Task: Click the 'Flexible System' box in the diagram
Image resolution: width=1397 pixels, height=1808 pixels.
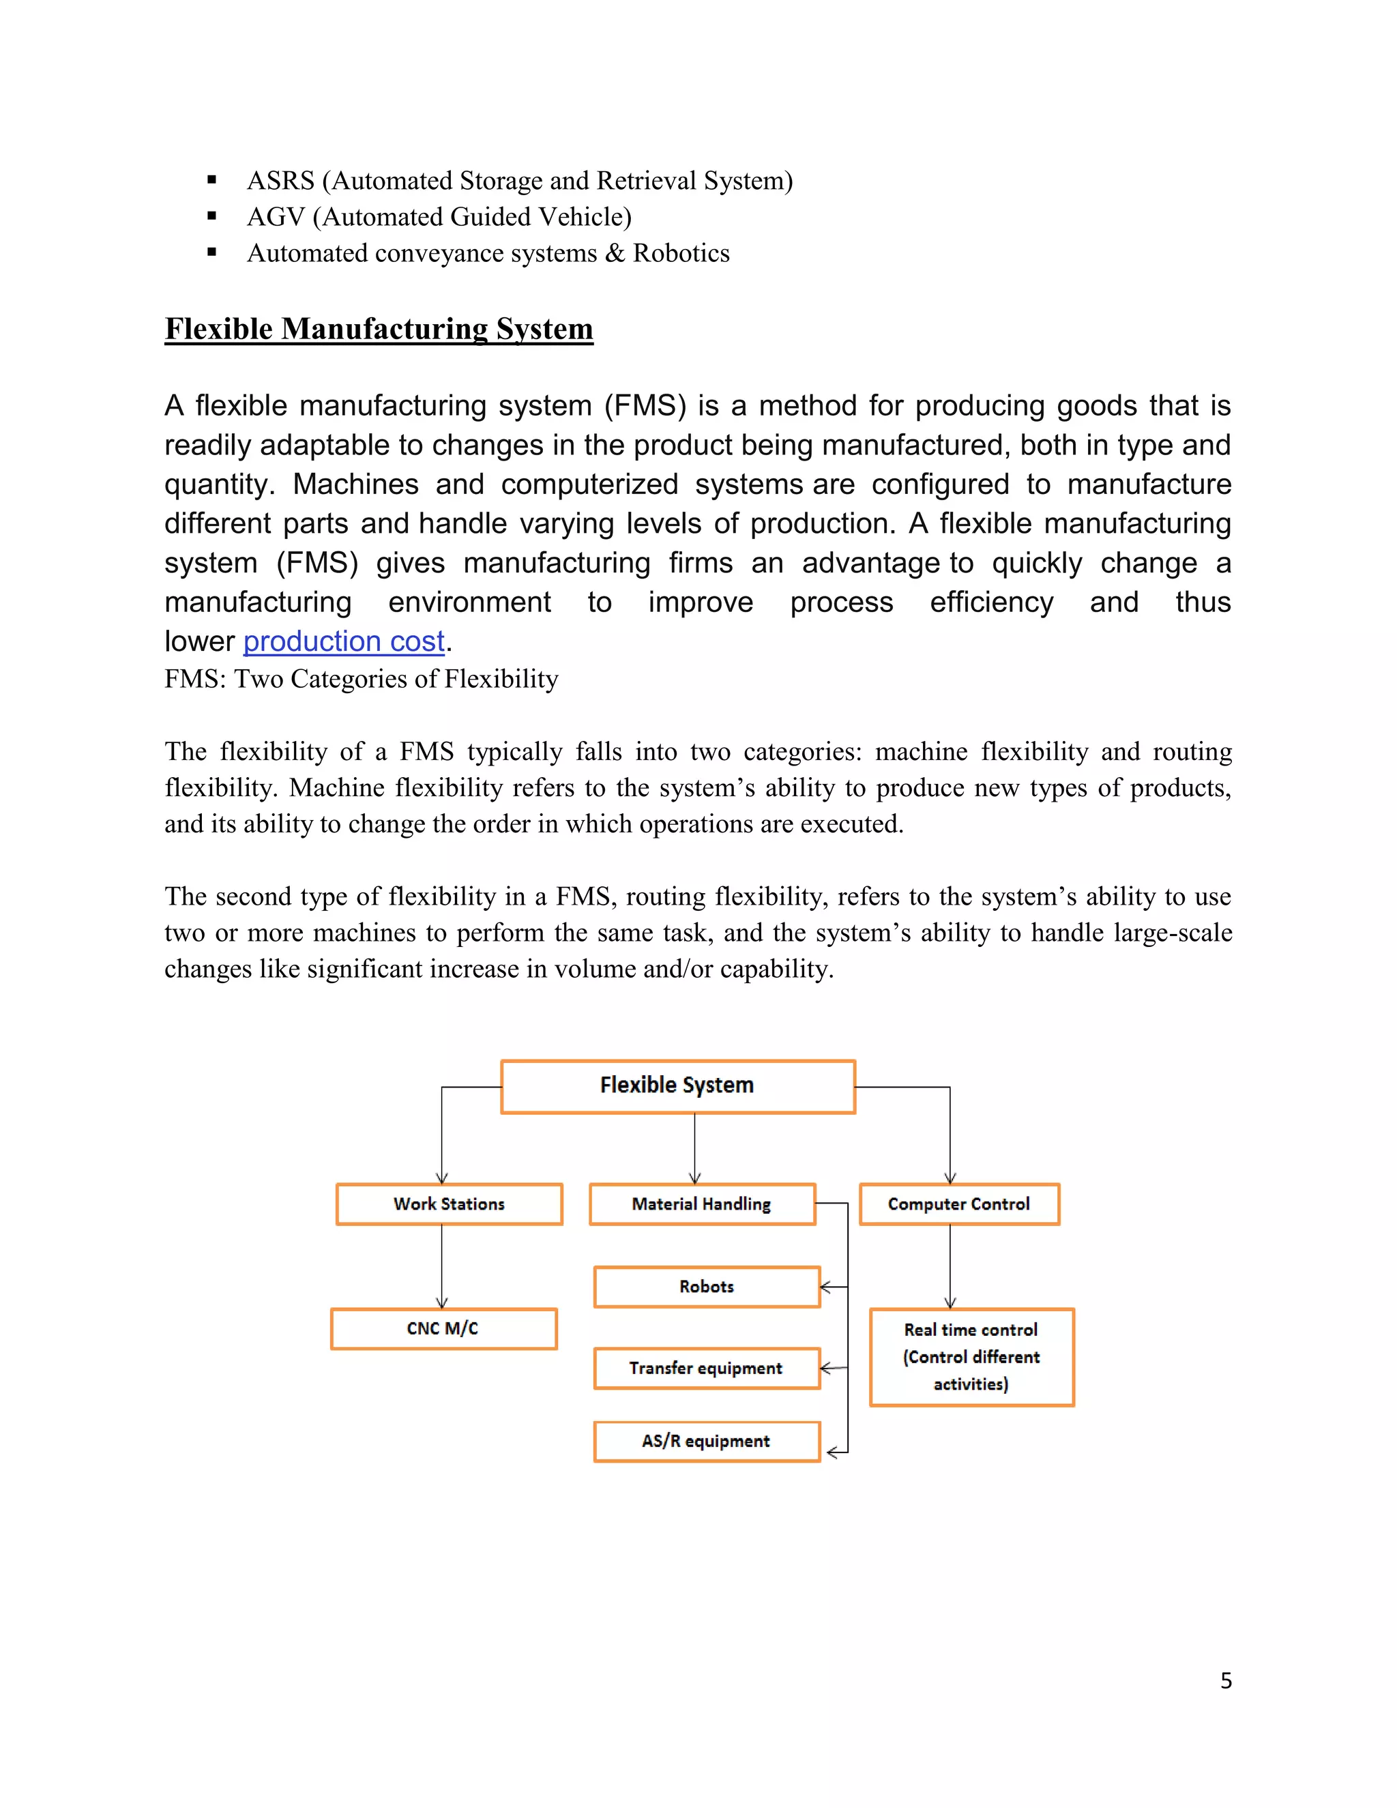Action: (x=677, y=1086)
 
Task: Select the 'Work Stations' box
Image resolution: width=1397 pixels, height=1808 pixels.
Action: (x=449, y=1204)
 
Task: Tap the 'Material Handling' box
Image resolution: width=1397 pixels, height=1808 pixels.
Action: (x=702, y=1204)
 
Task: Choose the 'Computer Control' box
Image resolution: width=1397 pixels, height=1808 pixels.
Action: (x=959, y=1204)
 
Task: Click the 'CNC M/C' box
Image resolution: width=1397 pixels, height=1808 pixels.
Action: (x=443, y=1328)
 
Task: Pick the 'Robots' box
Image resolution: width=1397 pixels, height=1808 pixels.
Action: (x=707, y=1287)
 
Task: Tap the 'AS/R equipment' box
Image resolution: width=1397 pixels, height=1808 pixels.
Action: (x=706, y=1441)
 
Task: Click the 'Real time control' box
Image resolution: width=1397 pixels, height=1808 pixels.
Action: (x=971, y=1357)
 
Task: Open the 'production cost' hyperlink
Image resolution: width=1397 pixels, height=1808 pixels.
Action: (x=344, y=641)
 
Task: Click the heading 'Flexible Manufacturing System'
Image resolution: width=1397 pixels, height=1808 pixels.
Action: (x=379, y=330)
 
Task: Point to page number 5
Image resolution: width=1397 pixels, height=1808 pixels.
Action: (x=1226, y=1680)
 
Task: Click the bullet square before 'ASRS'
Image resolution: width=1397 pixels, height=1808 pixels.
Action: (x=212, y=179)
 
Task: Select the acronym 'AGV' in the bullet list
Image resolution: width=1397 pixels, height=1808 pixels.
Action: (x=276, y=217)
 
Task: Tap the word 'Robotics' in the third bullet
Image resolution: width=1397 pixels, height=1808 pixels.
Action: (x=681, y=253)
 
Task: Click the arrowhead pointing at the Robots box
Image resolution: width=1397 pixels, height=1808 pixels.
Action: (x=826, y=1287)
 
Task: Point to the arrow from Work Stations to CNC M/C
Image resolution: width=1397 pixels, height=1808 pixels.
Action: (x=442, y=1266)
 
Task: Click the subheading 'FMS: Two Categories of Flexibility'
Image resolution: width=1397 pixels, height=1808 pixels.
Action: (x=361, y=679)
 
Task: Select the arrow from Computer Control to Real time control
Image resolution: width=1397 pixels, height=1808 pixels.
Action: (x=950, y=1266)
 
